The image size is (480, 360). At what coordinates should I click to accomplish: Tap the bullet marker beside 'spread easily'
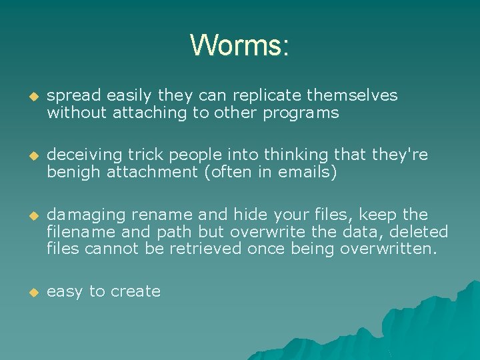coord(29,97)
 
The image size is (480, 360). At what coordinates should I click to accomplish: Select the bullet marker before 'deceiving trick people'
coord(29,156)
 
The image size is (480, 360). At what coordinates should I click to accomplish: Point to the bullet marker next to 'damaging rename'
coord(29,215)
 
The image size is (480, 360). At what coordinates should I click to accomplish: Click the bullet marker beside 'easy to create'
coord(29,292)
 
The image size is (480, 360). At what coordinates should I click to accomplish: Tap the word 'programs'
coord(301,113)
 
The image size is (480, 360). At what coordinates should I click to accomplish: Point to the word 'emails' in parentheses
coord(307,173)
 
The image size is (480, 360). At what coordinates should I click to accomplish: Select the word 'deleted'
coord(421,232)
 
